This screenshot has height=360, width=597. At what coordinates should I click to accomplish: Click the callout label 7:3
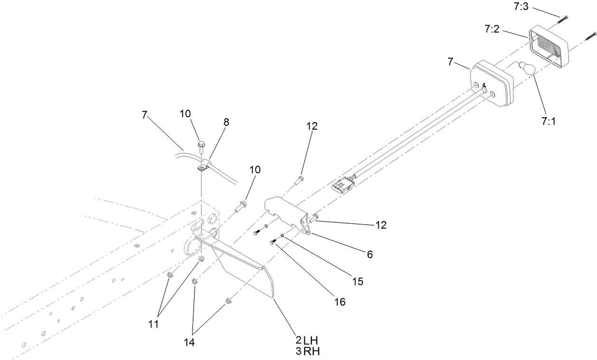[x=521, y=7]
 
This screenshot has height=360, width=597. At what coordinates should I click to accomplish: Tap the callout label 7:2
[x=492, y=29]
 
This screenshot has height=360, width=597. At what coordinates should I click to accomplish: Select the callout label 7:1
[x=549, y=122]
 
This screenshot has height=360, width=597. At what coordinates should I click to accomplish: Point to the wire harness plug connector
[x=343, y=183]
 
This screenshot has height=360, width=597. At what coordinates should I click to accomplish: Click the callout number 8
[x=226, y=122]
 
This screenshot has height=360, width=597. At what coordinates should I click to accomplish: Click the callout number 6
[x=370, y=255]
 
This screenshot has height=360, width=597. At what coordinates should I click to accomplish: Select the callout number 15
[x=358, y=281]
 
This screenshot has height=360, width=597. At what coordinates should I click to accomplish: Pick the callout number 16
[x=340, y=302]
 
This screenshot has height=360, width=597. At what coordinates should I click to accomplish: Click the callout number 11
[x=153, y=324]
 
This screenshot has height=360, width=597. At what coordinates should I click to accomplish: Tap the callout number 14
[x=189, y=342]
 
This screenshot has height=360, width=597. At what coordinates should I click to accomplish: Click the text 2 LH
[x=307, y=340]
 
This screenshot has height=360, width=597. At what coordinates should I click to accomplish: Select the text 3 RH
[x=308, y=351]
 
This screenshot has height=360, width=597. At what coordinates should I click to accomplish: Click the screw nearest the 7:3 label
[x=561, y=19]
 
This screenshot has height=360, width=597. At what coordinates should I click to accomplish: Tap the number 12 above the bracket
[x=312, y=126]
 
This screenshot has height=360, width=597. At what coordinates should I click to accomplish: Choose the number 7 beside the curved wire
[x=144, y=115]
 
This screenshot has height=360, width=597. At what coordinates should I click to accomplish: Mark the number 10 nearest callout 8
[x=185, y=114]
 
